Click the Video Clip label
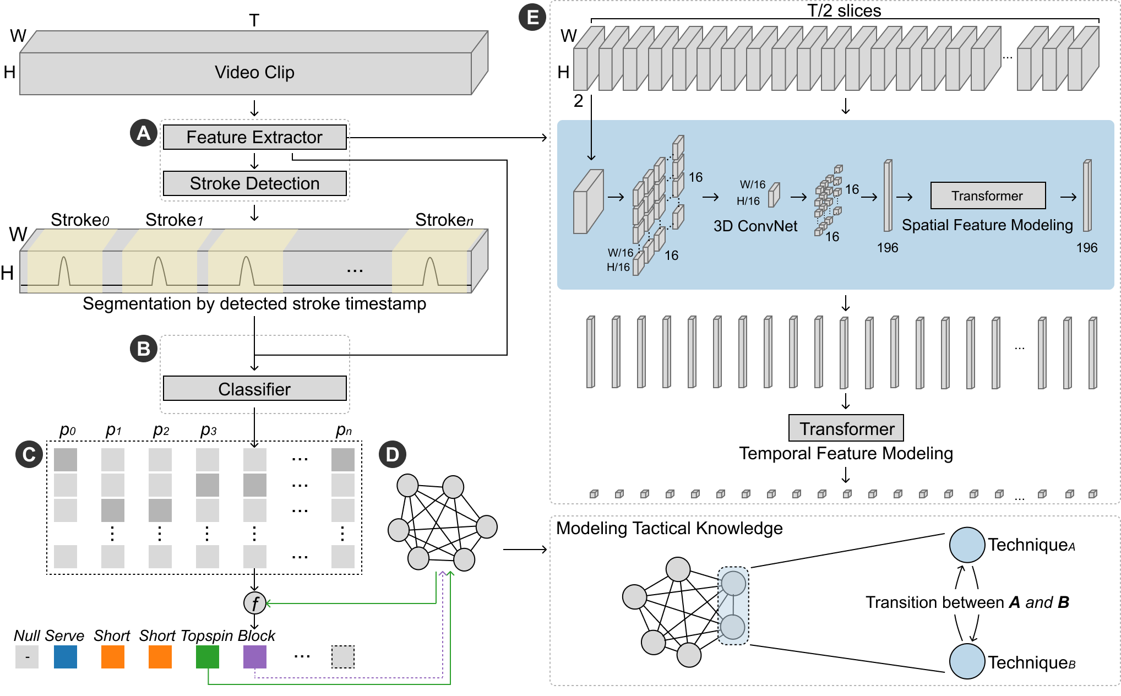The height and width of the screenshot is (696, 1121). coord(254,73)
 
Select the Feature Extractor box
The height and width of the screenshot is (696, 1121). coord(254,137)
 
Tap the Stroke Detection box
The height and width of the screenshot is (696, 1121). coord(254,183)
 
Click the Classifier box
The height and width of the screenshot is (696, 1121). coord(254,389)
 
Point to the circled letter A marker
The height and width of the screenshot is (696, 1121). coord(144,133)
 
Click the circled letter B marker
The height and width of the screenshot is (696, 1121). coord(144,349)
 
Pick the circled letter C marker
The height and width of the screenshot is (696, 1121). coord(29,454)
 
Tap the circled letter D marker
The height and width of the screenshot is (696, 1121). coord(393,454)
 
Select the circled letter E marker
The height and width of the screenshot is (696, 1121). coord(532,18)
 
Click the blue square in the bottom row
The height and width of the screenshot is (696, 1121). coord(66,657)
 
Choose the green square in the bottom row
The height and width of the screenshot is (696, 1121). coord(208,657)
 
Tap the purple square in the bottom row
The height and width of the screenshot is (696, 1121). coord(255,657)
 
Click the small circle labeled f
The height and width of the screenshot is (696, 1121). coord(255,603)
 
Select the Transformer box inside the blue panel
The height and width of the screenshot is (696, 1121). coord(988,196)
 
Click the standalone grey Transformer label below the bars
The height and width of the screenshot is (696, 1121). coord(846,428)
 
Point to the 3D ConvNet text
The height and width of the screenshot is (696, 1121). coord(755,226)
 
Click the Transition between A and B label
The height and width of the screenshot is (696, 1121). coord(967,602)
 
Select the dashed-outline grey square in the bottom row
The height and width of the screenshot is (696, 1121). coord(343,657)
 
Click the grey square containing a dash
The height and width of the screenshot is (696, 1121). coord(27,657)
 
